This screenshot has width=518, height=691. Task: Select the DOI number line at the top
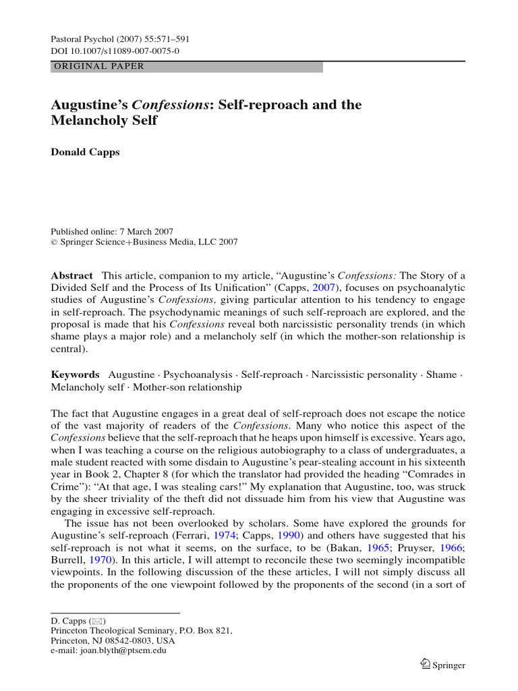[x=115, y=51]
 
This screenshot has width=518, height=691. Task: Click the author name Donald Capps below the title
[x=85, y=152]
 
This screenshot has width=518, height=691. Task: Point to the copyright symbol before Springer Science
[x=55, y=242]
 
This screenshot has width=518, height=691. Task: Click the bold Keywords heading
[x=76, y=375]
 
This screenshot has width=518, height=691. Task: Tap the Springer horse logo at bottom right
[x=425, y=665]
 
